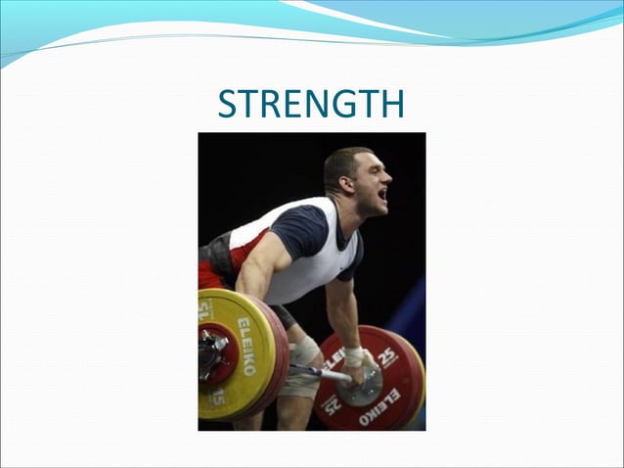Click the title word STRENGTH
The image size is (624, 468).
click(x=310, y=104)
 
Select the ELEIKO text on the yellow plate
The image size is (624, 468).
click(x=245, y=346)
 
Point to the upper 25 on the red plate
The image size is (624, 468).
click(x=388, y=354)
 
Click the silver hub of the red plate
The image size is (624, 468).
click(x=371, y=387)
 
